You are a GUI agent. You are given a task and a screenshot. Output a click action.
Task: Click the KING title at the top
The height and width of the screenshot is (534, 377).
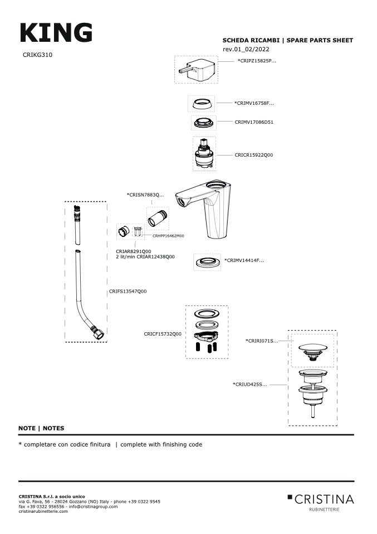56,33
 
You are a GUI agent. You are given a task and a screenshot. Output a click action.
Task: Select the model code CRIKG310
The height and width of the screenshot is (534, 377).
38,55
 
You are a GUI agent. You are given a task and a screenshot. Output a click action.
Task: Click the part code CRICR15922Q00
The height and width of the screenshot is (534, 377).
254,155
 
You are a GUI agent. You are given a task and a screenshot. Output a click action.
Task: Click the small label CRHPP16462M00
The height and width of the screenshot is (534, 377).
168,236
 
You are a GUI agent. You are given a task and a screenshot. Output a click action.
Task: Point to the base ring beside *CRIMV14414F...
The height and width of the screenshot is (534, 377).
207,261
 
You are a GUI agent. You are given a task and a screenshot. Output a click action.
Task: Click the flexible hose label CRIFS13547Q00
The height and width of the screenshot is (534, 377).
128,291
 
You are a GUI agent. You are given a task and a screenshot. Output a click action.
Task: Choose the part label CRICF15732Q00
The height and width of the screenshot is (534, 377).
163,334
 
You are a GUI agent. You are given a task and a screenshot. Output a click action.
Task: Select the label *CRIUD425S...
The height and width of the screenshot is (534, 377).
249,384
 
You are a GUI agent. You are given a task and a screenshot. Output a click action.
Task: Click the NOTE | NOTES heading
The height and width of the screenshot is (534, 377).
41,428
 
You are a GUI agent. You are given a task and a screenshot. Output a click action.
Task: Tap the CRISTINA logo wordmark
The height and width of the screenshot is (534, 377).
324,498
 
